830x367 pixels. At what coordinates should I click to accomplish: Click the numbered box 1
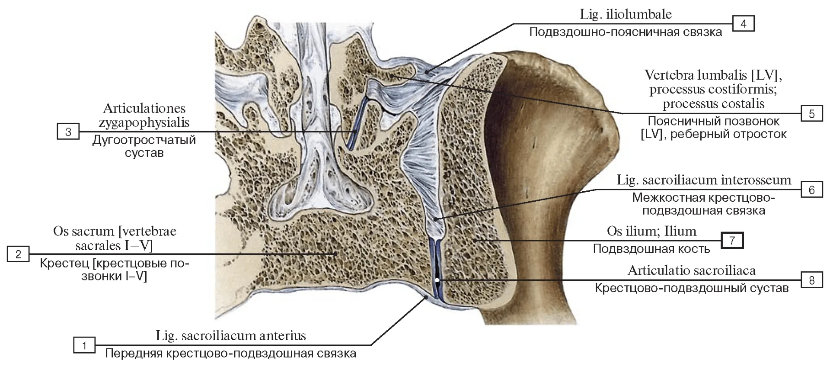click(x=84, y=345)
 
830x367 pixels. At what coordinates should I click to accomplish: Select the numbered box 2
click(x=18, y=254)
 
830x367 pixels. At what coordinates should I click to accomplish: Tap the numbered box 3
click(x=68, y=132)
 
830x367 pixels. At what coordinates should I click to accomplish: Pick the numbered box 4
click(x=743, y=23)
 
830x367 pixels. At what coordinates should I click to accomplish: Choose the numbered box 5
click(x=811, y=113)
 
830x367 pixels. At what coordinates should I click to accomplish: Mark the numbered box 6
click(x=811, y=190)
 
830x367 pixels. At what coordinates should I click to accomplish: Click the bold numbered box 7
click(x=732, y=240)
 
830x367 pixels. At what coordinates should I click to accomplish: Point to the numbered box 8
click(x=811, y=280)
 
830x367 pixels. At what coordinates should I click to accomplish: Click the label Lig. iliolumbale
click(x=626, y=14)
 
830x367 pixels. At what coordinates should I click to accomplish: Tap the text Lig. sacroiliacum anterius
click(x=231, y=335)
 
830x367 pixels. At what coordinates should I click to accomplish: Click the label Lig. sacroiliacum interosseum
click(x=704, y=180)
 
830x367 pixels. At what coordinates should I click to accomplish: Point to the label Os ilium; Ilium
click(x=651, y=231)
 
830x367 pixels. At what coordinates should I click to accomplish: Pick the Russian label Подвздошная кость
click(x=651, y=249)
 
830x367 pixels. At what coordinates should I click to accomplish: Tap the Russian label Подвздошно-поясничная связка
click(x=626, y=32)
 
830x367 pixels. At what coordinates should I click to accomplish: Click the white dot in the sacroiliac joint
click(x=437, y=280)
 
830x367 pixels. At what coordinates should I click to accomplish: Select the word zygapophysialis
click(x=144, y=122)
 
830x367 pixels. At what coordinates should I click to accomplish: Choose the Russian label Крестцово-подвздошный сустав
click(x=692, y=288)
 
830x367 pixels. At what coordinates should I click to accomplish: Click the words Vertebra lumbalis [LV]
click(x=713, y=75)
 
